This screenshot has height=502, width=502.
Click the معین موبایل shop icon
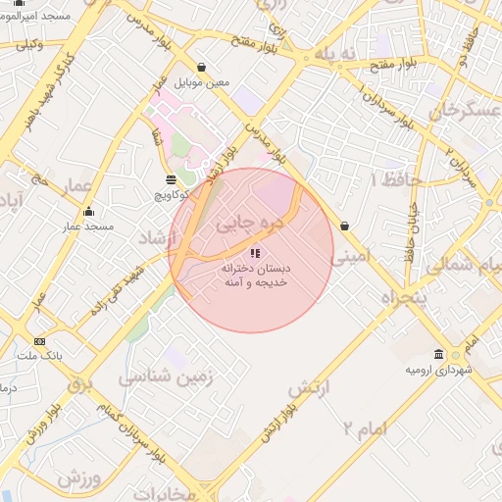(x=201, y=68)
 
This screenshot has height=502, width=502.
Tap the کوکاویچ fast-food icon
(x=172, y=179)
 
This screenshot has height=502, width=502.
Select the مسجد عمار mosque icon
(x=89, y=212)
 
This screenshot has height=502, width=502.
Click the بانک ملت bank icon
(x=39, y=341)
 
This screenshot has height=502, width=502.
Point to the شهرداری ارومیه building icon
(x=438, y=355)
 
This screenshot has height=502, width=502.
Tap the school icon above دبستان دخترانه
(x=256, y=253)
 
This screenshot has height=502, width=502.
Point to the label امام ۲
(x=364, y=427)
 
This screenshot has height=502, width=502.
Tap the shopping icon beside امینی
(x=344, y=226)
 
